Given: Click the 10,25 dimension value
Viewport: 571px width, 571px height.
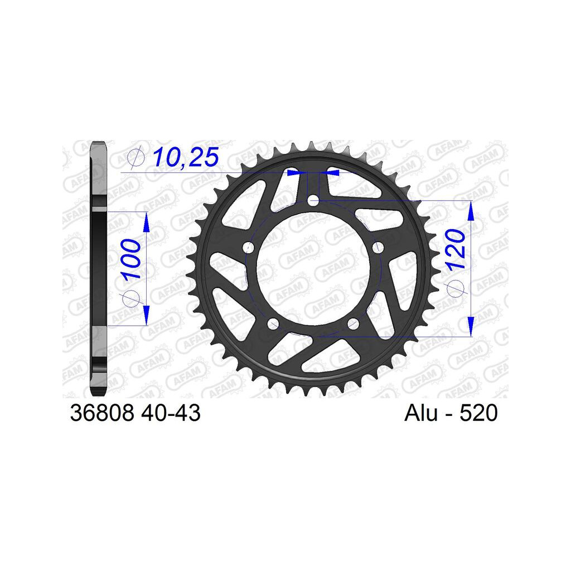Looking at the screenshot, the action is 186,157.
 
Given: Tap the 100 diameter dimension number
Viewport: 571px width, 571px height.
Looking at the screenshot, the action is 131,259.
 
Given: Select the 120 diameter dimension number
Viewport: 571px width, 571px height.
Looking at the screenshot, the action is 456,249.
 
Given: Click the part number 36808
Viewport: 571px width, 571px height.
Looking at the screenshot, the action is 103,413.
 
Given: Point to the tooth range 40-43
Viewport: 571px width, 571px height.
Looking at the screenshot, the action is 170,413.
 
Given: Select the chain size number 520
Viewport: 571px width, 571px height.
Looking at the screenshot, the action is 478,413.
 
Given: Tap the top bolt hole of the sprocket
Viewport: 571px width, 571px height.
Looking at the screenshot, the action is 313,201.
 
